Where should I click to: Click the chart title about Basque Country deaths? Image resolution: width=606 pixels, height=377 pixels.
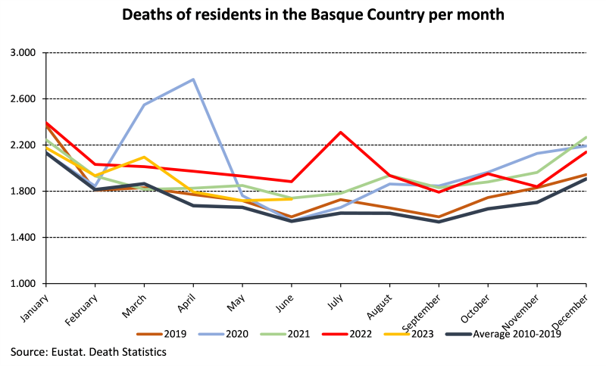(x=302, y=14)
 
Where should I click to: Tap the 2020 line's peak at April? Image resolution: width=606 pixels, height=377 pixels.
(x=193, y=79)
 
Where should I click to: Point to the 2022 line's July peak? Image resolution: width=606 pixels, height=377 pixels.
(x=341, y=132)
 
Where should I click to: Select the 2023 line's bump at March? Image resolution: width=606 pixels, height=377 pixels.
(x=144, y=157)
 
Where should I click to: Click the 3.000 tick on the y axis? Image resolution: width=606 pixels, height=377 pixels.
(x=23, y=53)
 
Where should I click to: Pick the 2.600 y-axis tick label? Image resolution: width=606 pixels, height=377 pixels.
(x=23, y=99)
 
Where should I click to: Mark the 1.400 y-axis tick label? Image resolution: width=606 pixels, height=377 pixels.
(x=23, y=238)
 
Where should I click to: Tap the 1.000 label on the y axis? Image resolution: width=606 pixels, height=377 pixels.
(x=23, y=284)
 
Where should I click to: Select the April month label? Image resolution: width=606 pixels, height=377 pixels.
(x=184, y=300)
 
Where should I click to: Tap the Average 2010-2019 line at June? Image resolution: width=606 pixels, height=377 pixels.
(x=292, y=221)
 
